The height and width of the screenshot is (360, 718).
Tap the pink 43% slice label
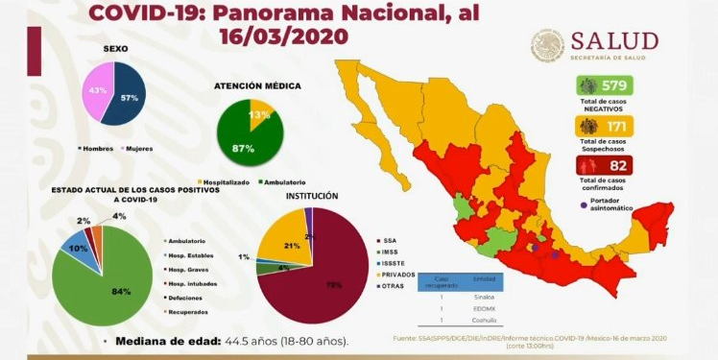pyautogui.click(x=96, y=90)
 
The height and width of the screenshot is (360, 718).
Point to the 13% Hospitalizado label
pyautogui.click(x=258, y=114)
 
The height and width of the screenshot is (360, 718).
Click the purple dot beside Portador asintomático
pyautogui.click(x=583, y=204)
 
